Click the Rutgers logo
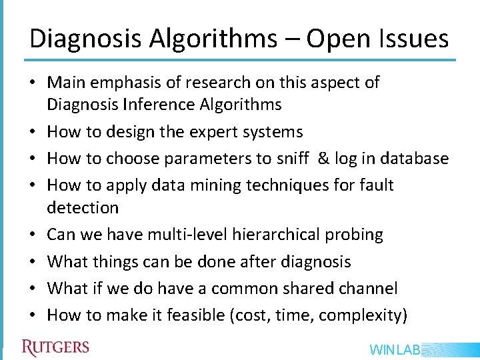(55, 347)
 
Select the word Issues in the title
(413, 39)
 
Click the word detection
(83, 207)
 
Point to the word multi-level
(176, 235)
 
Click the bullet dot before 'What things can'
(33, 262)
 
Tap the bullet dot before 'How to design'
(33, 133)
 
